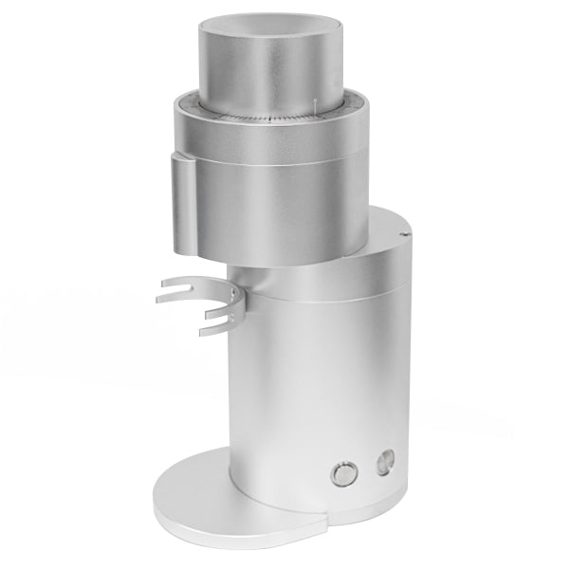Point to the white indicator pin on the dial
[x=312, y=105]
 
